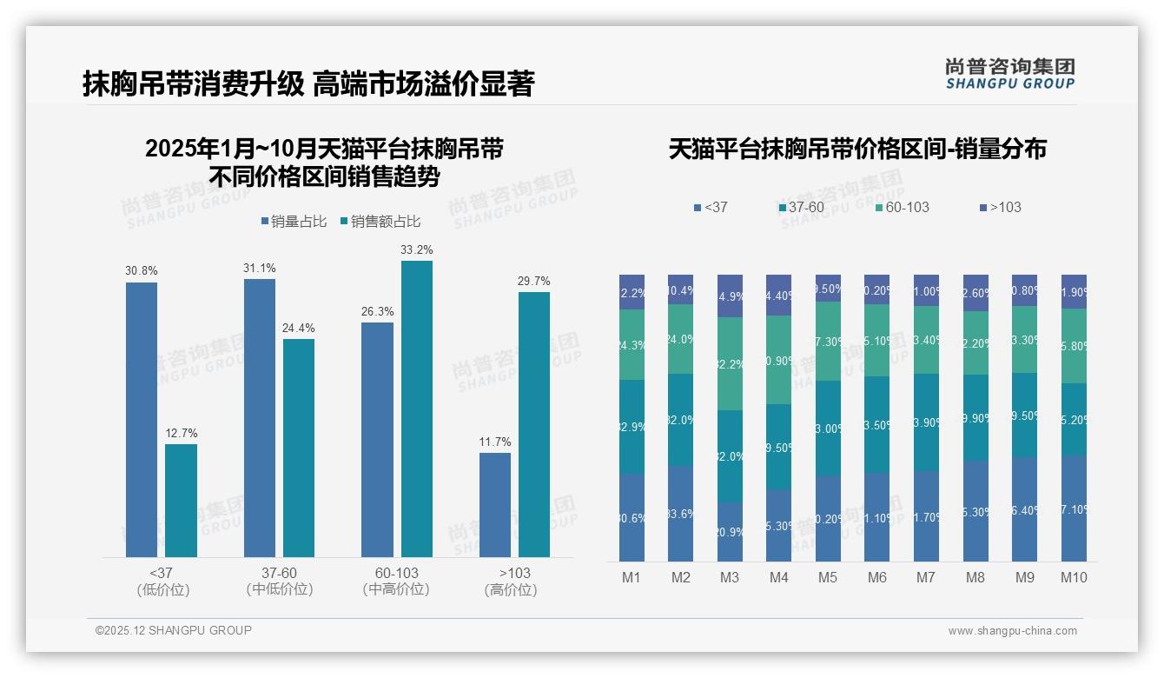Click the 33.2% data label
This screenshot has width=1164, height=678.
click(416, 250)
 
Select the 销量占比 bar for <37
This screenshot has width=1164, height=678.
click(142, 419)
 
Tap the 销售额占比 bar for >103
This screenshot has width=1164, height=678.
click(534, 424)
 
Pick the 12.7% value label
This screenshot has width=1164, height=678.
click(181, 434)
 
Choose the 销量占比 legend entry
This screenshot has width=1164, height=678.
click(294, 222)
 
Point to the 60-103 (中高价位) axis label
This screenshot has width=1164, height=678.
click(396, 581)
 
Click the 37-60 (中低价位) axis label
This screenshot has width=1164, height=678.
click(279, 581)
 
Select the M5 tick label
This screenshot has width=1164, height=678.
click(828, 578)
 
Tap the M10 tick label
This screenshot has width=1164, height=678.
click(1074, 578)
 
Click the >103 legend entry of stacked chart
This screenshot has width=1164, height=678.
click(1000, 208)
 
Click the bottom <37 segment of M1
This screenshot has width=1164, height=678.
click(632, 517)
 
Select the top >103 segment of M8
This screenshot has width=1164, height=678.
click(976, 293)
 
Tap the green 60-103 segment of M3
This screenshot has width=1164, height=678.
click(730, 363)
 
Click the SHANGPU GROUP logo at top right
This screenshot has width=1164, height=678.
click(1010, 74)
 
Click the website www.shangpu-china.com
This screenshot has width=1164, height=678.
click(1012, 631)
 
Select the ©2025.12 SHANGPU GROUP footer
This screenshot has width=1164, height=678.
click(174, 630)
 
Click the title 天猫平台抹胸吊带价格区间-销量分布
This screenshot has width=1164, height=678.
click(857, 149)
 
